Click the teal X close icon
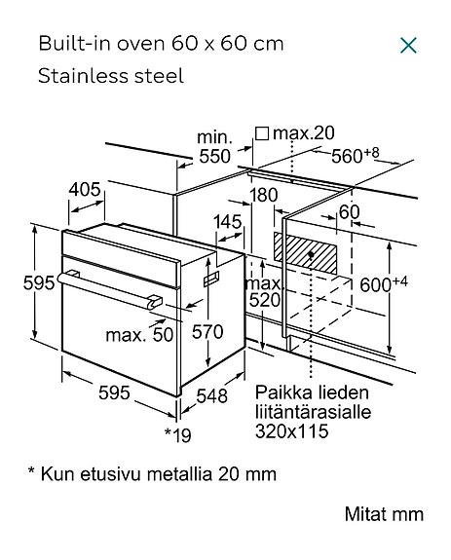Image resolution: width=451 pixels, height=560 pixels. tap(408, 46)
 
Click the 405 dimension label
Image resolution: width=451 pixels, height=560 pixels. tap(85, 190)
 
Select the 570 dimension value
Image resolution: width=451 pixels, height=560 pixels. tap(207, 332)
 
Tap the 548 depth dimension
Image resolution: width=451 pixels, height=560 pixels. tap(211, 395)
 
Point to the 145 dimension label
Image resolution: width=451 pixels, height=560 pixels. tap(228, 222)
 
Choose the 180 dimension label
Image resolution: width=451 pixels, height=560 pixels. tap(264, 195)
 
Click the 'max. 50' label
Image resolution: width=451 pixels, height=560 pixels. tap(139, 335)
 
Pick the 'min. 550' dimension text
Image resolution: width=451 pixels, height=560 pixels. tap(214, 147)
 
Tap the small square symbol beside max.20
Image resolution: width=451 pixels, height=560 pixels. tap(262, 133)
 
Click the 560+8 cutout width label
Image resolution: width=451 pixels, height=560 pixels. tap(355, 155)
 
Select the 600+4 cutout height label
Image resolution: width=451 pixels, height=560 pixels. tap(384, 284)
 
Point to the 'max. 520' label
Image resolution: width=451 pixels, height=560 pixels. tap(264, 292)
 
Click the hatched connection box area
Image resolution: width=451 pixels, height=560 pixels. tap(306, 253)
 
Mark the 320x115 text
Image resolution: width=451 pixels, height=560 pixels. tap(292, 431)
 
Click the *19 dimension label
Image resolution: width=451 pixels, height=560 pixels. tap(178, 435)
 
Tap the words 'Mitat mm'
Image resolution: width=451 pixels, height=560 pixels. tap(384, 514)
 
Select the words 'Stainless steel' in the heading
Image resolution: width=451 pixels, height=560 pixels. tap(111, 76)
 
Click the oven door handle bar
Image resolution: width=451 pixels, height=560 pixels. tap(110, 290)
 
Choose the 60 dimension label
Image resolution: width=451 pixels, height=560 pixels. tap(350, 212)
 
